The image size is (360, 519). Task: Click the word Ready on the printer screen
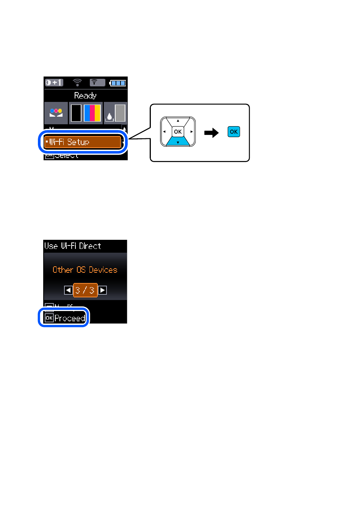tap(85, 95)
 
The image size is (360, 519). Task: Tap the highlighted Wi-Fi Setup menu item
tap(83, 142)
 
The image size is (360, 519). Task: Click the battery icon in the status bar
tap(118, 83)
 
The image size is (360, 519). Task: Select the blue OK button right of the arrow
tap(234, 132)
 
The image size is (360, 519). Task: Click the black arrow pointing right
tap(211, 133)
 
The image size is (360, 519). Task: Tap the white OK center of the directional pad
tap(178, 132)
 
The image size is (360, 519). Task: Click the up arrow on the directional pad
tap(178, 121)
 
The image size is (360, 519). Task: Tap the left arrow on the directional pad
tap(164, 132)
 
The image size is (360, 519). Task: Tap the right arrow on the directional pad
tap(192, 132)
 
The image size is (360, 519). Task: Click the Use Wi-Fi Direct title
tap(73, 246)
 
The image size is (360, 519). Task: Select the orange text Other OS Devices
tap(85, 270)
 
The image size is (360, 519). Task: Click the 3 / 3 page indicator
tap(85, 290)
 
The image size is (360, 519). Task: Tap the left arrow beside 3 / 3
tap(68, 290)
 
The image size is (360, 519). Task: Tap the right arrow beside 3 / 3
tap(102, 290)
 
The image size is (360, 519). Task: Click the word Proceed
tap(70, 318)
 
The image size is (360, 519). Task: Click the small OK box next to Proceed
tap(49, 318)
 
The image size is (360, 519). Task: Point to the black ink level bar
tap(76, 113)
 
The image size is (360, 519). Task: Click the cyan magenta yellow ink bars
tap(92, 113)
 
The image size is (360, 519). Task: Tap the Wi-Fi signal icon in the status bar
tap(77, 83)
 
